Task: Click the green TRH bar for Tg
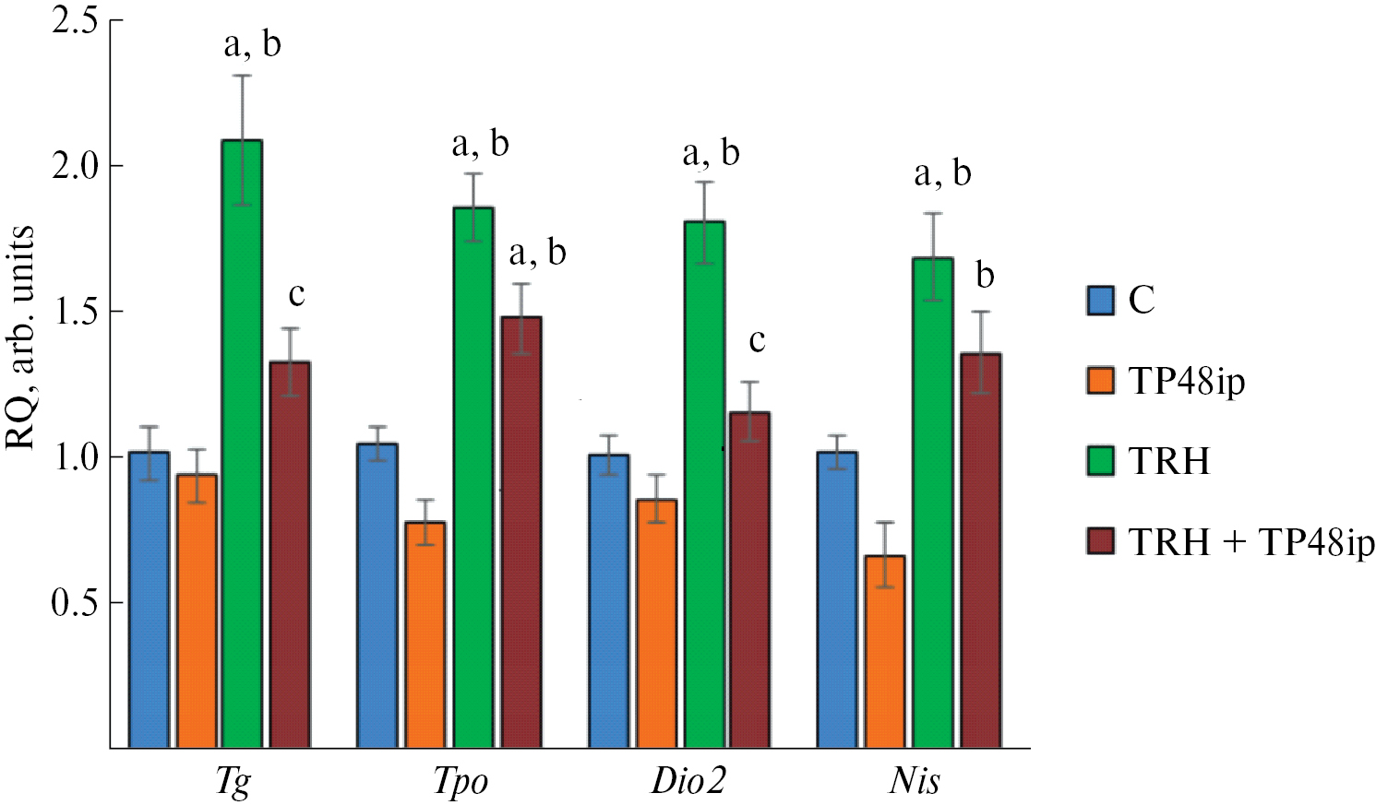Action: pyautogui.click(x=242, y=443)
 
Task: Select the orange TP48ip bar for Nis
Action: pyautogui.click(x=884, y=651)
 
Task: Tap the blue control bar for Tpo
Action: pyautogui.click(x=377, y=595)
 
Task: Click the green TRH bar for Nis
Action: pyautogui.click(x=932, y=503)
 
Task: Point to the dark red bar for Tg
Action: pyautogui.click(x=290, y=554)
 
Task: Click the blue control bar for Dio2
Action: pyautogui.click(x=608, y=600)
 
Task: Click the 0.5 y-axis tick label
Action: pyautogui.click(x=75, y=602)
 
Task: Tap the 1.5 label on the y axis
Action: pyautogui.click(x=75, y=312)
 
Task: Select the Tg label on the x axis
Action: pyautogui.click(x=233, y=782)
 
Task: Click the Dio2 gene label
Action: pyautogui.click(x=688, y=780)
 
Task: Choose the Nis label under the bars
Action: pyautogui.click(x=915, y=780)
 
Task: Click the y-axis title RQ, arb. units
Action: pyautogui.click(x=20, y=337)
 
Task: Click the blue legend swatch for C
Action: pyautogui.click(x=1100, y=301)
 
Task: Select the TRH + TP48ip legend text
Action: pyautogui.click(x=1251, y=542)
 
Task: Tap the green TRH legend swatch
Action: pyautogui.click(x=1100, y=460)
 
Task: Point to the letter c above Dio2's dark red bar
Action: pyautogui.click(x=757, y=341)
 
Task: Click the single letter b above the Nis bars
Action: pyautogui.click(x=985, y=275)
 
